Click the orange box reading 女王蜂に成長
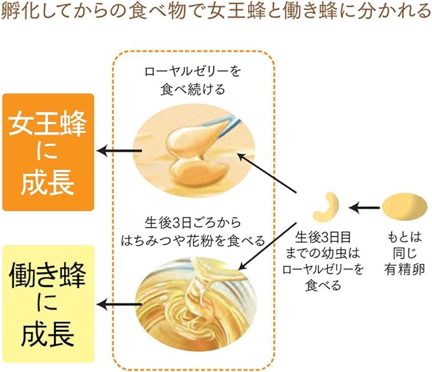pos(48,152)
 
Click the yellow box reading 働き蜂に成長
pos(48,304)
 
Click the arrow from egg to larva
pos(364,208)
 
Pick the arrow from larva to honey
pos(267,247)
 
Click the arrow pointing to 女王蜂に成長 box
pos(119,151)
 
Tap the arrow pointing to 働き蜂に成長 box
pos(119,304)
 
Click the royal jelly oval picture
pos(193,151)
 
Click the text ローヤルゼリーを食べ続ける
pos(193,80)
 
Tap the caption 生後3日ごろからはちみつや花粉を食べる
pos(193,232)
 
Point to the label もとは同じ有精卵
pos(405,253)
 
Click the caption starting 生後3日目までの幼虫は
pos(323,261)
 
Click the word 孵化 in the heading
pos(18,11)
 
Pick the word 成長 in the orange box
pos(48,183)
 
